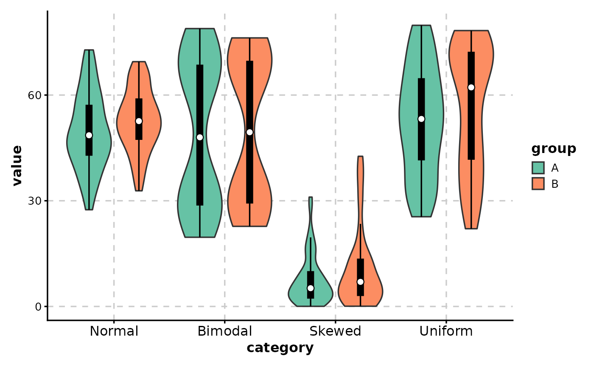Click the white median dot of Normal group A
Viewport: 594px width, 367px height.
tap(89, 135)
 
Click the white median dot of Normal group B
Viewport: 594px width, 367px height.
tap(139, 121)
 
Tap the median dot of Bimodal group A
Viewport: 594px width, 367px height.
tap(200, 137)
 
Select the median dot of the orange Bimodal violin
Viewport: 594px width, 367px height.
tap(249, 132)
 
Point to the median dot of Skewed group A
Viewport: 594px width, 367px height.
tap(311, 288)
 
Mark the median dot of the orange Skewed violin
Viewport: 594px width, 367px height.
tap(360, 282)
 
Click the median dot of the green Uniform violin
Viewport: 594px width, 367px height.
tap(421, 119)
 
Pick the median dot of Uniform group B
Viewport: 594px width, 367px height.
tap(471, 87)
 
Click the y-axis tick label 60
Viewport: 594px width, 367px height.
tap(34, 95)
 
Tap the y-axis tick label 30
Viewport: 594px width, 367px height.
tap(34, 201)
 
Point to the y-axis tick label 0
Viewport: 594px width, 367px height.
tap(38, 306)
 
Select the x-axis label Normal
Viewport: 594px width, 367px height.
tap(114, 331)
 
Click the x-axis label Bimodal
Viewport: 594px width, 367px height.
tap(225, 331)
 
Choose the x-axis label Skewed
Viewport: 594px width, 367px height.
tap(335, 331)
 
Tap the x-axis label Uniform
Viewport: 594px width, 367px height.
tap(446, 331)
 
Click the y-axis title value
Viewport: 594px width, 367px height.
tap(17, 165)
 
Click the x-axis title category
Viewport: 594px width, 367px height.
tap(280, 348)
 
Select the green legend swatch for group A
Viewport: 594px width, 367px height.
tap(538, 168)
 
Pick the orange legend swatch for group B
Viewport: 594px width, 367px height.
tap(538, 183)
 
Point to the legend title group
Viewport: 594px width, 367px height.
tap(554, 149)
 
